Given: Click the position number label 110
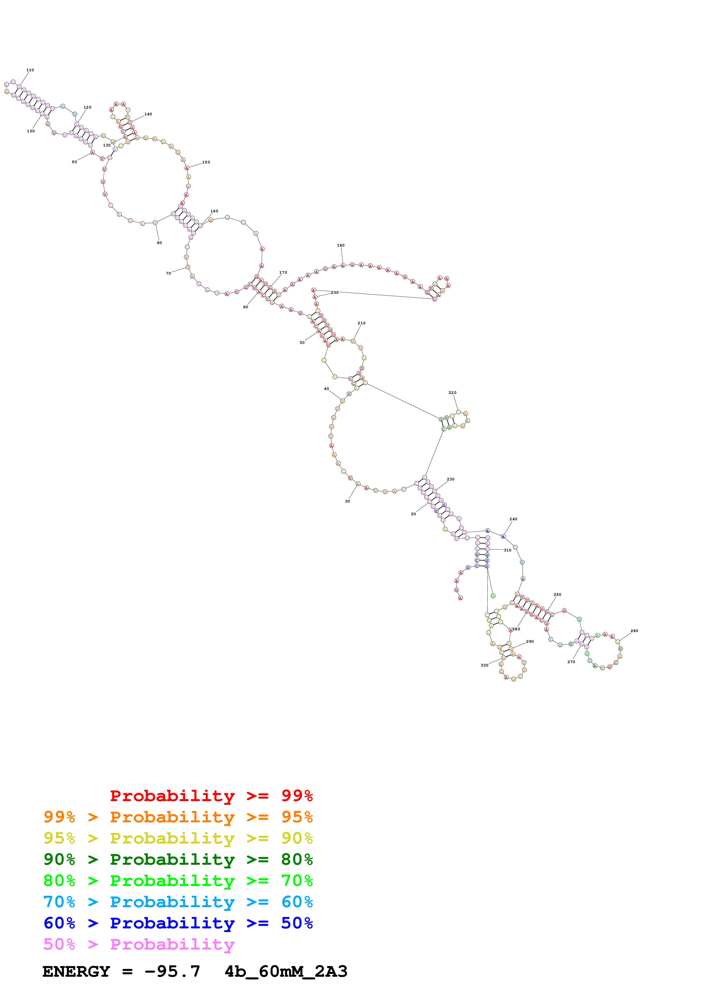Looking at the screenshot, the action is point(30,70).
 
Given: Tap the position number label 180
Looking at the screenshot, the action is point(341,245).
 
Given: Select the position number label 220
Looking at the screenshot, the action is point(453,393).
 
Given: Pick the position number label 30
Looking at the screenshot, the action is point(347,501).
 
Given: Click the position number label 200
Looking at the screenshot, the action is point(335,292).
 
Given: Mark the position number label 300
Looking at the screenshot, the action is point(485,665).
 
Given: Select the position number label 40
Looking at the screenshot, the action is point(327,389).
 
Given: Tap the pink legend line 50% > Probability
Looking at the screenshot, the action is point(139,944).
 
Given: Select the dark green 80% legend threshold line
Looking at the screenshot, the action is point(178,860).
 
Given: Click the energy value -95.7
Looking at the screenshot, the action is point(172,972).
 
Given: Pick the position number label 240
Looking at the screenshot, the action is point(513,519).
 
